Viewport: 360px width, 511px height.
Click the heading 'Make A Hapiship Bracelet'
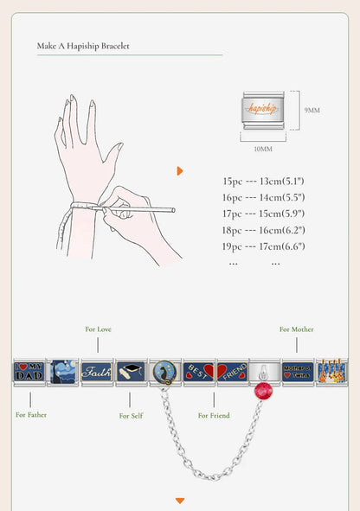[83, 46]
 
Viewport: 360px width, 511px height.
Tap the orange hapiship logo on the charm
[261, 109]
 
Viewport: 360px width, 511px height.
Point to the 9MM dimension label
[312, 110]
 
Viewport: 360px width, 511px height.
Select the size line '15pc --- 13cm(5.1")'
[263, 182]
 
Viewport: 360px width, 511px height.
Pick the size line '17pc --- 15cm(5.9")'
[263, 214]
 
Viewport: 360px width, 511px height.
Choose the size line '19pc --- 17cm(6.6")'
[263, 247]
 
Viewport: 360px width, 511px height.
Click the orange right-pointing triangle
[180, 170]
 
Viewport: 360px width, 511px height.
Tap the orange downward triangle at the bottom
[180, 501]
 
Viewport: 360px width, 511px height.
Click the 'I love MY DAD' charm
[29, 372]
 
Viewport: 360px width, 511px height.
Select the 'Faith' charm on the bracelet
[96, 372]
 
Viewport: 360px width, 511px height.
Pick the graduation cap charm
[130, 372]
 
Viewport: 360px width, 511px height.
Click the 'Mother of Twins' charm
[298, 372]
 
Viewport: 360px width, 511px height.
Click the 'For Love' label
[98, 329]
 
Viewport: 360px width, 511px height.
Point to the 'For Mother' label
[297, 329]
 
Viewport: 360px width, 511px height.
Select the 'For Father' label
[31, 415]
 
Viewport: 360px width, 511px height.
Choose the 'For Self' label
[130, 416]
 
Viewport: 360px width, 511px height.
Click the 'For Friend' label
[214, 416]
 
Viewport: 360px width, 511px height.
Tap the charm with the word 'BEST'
[197, 372]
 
